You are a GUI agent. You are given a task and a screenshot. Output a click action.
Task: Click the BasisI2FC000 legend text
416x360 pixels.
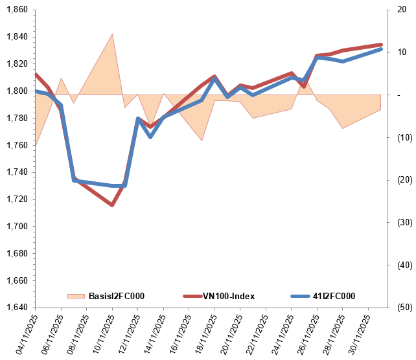[x=116, y=297]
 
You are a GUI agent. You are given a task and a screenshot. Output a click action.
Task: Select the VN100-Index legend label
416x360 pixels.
[x=229, y=297]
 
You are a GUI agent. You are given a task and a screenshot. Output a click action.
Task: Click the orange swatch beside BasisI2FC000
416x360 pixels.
[x=76, y=297]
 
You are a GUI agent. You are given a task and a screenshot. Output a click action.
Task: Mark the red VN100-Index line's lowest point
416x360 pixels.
[x=112, y=205]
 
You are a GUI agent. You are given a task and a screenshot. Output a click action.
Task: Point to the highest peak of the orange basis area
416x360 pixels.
[x=113, y=34]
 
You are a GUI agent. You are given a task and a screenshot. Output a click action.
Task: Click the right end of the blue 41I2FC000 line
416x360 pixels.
[x=381, y=49]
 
